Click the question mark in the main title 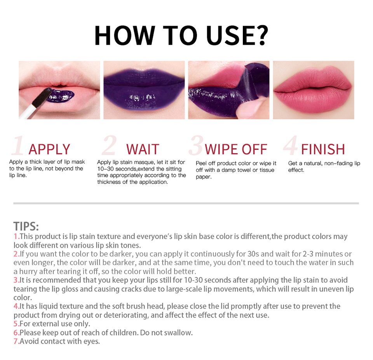pos(260,35)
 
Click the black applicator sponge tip pos(42,98)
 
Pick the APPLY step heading pos(49,149)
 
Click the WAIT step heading pos(143,149)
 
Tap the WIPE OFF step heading pos(236,149)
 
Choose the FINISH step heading pos(323,149)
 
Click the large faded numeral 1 pos(18,145)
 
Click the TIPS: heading pos(26,226)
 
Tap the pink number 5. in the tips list pos(16,324)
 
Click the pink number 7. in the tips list pos(16,341)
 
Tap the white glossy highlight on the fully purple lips pos(142,97)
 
